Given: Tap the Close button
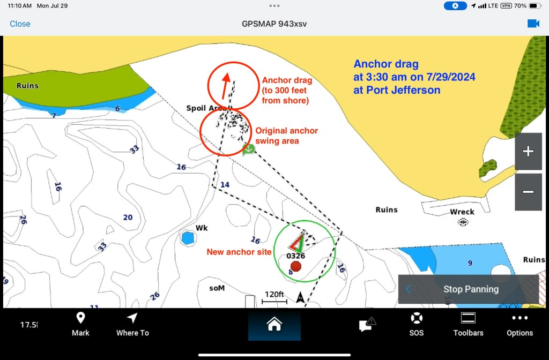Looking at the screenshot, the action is pyautogui.click(x=20, y=24).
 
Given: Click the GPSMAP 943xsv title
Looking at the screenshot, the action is pyautogui.click(x=274, y=24).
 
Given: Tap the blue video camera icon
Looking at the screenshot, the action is pyautogui.click(x=533, y=24).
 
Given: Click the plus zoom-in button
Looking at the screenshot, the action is pyautogui.click(x=528, y=151).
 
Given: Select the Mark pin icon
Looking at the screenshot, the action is pyautogui.click(x=80, y=318).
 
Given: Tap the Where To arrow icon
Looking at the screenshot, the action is pyautogui.click(x=132, y=318).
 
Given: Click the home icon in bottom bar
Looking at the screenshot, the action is pyautogui.click(x=274, y=324).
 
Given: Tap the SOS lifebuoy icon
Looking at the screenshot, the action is pyautogui.click(x=416, y=318).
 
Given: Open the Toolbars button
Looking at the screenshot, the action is pyautogui.click(x=468, y=318).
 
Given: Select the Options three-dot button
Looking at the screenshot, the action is pyautogui.click(x=520, y=318).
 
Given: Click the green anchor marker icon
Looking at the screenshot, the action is pyautogui.click(x=249, y=150).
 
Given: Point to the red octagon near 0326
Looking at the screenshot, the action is pyautogui.click(x=296, y=266).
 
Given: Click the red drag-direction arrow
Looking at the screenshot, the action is pyautogui.click(x=226, y=86).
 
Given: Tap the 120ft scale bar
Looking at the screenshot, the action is pyautogui.click(x=274, y=302).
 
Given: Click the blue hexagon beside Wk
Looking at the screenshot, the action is pyautogui.click(x=188, y=238).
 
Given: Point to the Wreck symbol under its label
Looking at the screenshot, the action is pyautogui.click(x=463, y=222).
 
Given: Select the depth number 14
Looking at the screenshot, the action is pyautogui.click(x=225, y=185).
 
